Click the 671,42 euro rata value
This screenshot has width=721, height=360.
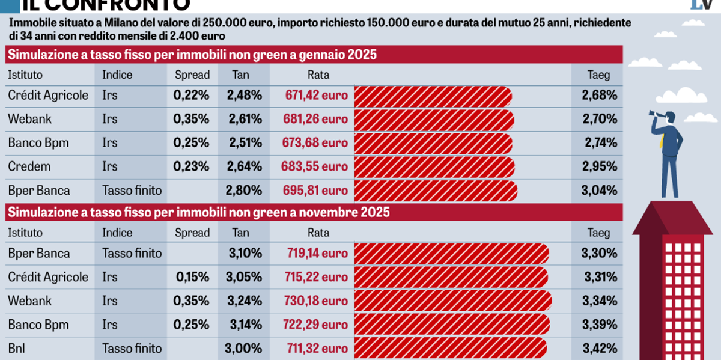click(316, 95)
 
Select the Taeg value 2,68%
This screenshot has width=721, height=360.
click(599, 95)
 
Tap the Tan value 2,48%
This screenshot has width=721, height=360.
click(244, 95)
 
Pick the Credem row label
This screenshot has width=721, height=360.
click(29, 166)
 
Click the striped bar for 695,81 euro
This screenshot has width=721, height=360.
click(436, 191)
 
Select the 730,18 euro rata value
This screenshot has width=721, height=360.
click(316, 301)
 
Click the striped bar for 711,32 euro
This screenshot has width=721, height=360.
click(451, 349)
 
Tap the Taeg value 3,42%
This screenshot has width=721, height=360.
click(599, 349)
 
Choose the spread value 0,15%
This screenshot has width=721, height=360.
click(192, 277)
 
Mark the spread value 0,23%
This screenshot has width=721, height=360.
click(192, 166)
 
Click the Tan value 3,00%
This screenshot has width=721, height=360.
click(243, 349)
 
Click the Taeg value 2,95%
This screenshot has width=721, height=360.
click(599, 166)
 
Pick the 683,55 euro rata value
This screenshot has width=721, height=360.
click(315, 166)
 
